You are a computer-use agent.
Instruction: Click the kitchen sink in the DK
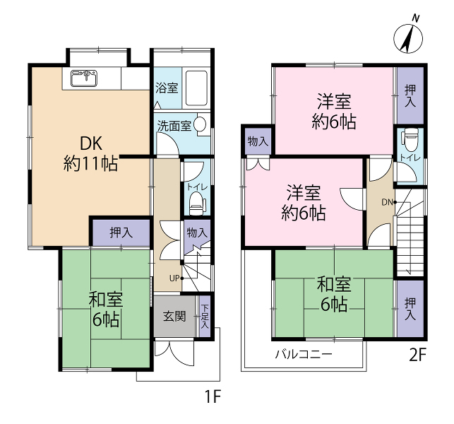pyautogui.click(x=84, y=78)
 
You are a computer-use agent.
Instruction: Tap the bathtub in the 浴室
pyautogui.click(x=196, y=88)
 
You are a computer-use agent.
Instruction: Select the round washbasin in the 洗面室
pyautogui.click(x=200, y=124)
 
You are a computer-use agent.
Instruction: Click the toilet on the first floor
pyautogui.click(x=197, y=204)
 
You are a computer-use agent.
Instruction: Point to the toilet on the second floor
pyautogui.click(x=411, y=140)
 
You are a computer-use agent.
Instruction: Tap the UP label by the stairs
pyautogui.click(x=174, y=278)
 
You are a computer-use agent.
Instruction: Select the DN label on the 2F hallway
pyautogui.click(x=387, y=202)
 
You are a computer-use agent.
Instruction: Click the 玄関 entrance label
pyautogui.click(x=174, y=316)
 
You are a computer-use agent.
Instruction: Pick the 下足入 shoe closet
pyautogui.click(x=205, y=316)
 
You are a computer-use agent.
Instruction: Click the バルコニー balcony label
pyautogui.click(x=303, y=355)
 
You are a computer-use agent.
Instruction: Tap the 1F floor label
pyautogui.click(x=213, y=396)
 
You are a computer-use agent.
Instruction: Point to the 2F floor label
pyautogui.click(x=418, y=355)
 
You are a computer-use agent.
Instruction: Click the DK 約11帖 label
pyautogui.click(x=90, y=153)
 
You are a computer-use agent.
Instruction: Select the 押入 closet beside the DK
pyautogui.click(x=121, y=232)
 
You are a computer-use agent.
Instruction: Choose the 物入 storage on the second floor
pyautogui.click(x=258, y=141)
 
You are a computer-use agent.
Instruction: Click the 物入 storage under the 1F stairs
pyautogui.click(x=197, y=232)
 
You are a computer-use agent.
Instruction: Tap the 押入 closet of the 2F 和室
pyautogui.click(x=410, y=309)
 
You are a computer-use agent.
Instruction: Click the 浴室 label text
pyautogui.click(x=167, y=88)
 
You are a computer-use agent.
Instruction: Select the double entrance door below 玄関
pyautogui.click(x=174, y=352)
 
